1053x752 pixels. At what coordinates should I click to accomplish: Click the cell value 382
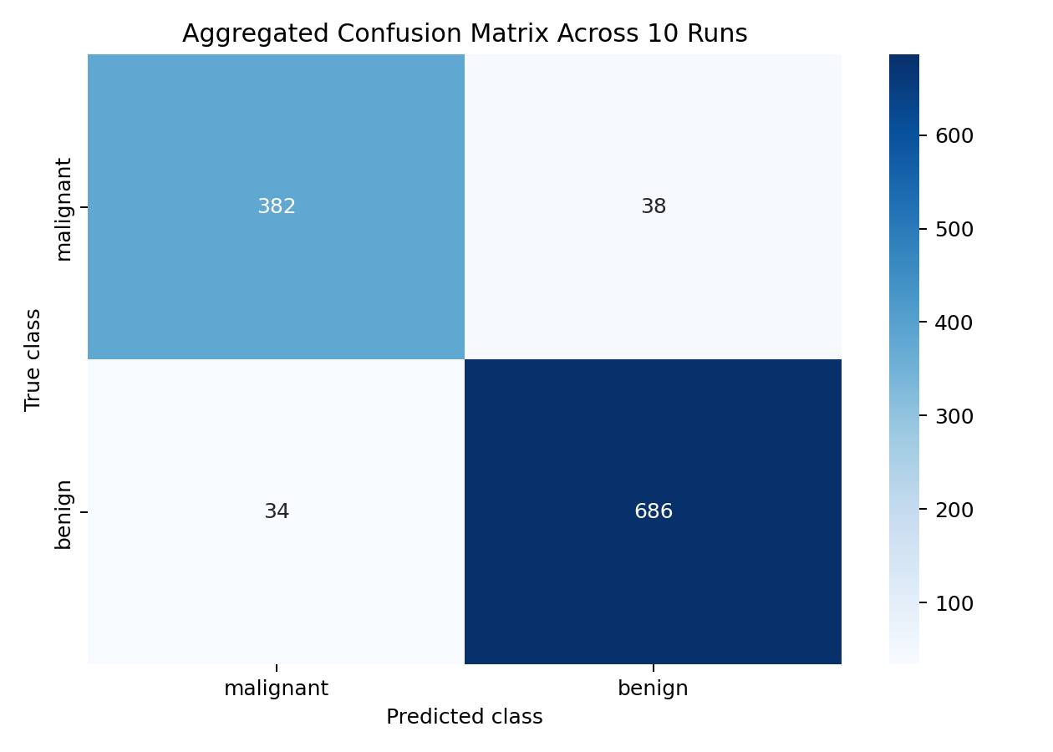[x=277, y=206]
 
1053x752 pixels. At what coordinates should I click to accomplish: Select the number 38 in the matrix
[x=654, y=206]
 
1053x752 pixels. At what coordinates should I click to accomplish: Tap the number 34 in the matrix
[x=277, y=511]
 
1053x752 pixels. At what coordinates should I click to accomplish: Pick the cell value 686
[x=654, y=511]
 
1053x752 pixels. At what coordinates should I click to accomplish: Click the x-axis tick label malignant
[x=277, y=688]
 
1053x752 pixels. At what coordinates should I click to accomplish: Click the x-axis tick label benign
[x=654, y=688]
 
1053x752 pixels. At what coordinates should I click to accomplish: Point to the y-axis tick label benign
[x=64, y=515]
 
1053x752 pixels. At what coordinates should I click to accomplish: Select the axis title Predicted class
[x=465, y=717]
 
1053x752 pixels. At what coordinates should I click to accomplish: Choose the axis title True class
[x=33, y=359]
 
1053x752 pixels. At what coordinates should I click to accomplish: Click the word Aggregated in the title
[x=237, y=33]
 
